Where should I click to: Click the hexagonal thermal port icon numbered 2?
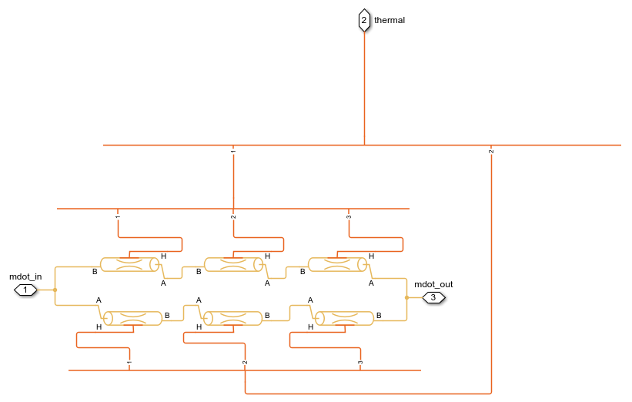pos(364,20)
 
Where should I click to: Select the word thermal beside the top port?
pos(390,20)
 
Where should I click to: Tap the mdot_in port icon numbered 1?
pos(25,290)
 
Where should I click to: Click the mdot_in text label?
pos(25,276)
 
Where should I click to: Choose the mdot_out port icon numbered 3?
pos(433,296)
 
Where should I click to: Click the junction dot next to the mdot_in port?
pos(55,290)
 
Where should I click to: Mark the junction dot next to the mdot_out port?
pos(406,296)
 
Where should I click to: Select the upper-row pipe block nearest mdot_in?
pos(130,265)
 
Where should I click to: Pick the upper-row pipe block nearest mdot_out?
pos(337,265)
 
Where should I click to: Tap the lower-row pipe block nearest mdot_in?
pos(132,318)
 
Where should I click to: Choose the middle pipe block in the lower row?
pos(232,318)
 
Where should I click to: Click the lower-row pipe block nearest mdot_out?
pos(344,318)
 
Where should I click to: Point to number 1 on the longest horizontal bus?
pos(233,152)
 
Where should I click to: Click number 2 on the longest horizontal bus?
pos(491,152)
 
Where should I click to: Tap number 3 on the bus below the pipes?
pos(359,363)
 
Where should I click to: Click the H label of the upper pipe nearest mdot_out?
pos(371,256)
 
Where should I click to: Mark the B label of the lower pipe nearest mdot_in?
pos(167,316)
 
